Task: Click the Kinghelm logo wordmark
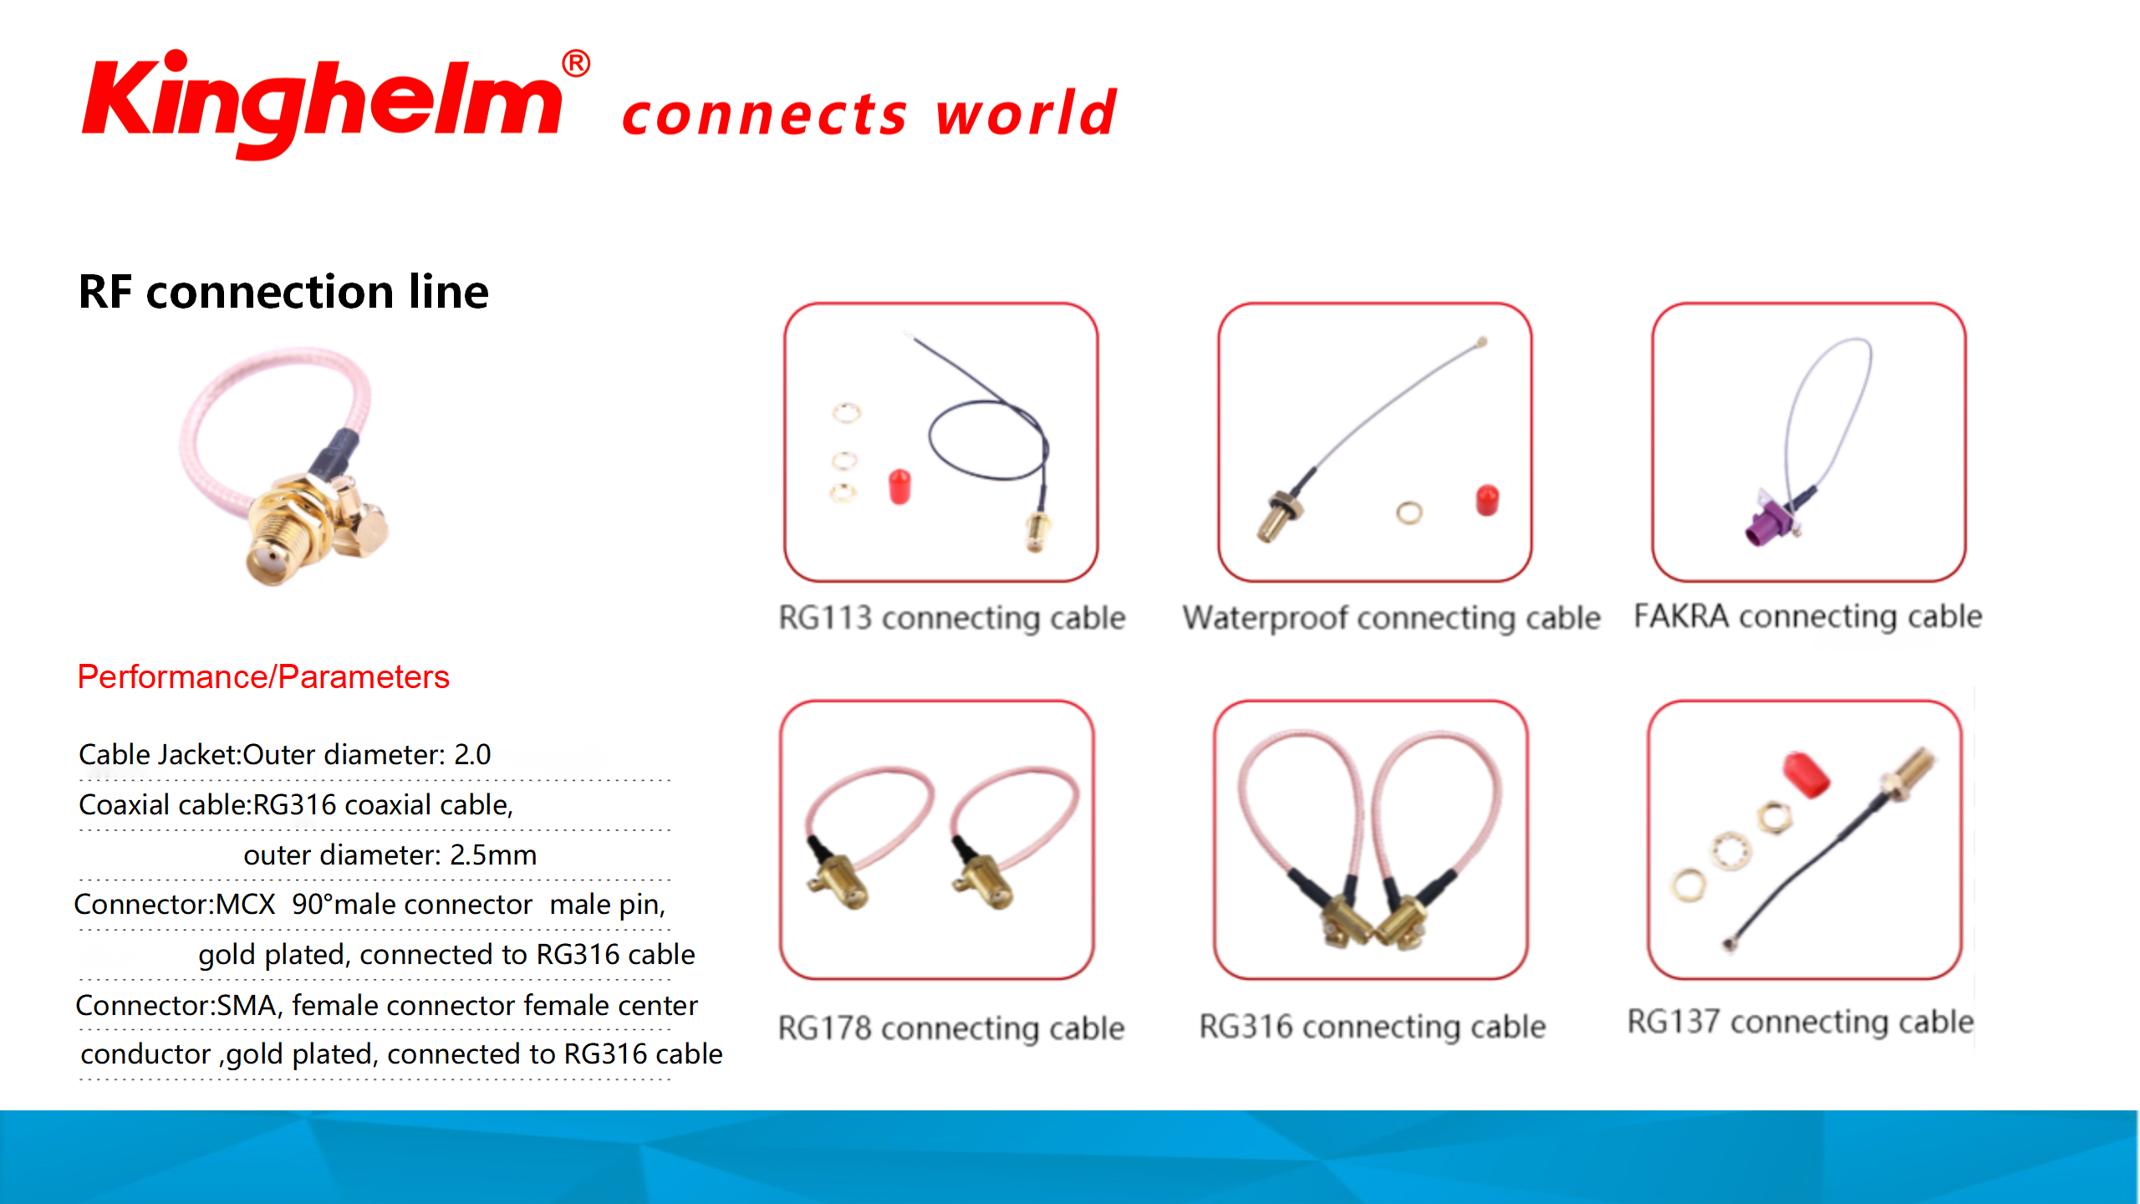click(323, 105)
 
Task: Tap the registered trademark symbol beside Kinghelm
click(576, 64)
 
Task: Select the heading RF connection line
click(283, 292)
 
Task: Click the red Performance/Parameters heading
click(263, 676)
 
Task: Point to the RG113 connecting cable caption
click(952, 619)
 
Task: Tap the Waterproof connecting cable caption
click(1391, 619)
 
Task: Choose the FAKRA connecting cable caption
click(1808, 617)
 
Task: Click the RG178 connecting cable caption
click(951, 1028)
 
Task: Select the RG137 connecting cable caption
click(1801, 1022)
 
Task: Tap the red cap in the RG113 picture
click(899, 487)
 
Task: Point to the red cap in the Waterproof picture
click(1487, 500)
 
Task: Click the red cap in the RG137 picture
click(1806, 775)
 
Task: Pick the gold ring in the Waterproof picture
click(1409, 513)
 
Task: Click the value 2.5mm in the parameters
click(493, 855)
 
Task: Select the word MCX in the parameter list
click(246, 904)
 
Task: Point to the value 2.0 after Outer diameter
click(472, 754)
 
